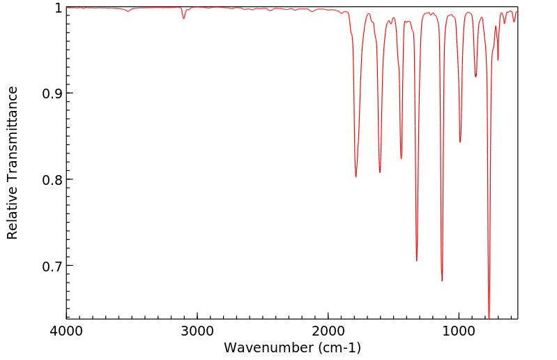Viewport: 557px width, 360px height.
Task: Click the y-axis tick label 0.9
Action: [x=51, y=93]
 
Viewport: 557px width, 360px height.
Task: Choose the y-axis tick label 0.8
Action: [x=51, y=180]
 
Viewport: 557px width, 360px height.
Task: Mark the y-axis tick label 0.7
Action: [x=51, y=267]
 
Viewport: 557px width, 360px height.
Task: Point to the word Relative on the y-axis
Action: [x=13, y=213]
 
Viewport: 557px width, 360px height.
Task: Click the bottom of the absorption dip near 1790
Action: [x=356, y=177]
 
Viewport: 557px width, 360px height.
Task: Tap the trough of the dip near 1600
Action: [x=380, y=172]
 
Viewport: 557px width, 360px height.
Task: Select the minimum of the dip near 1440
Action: [x=401, y=158]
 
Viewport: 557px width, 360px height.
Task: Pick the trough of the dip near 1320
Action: [x=417, y=260]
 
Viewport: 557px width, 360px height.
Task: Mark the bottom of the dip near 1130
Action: [x=442, y=280]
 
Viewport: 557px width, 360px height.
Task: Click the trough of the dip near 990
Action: [x=460, y=142]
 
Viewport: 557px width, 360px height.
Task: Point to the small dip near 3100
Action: [x=184, y=18]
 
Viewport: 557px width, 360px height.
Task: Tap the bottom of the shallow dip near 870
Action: [x=475, y=76]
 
